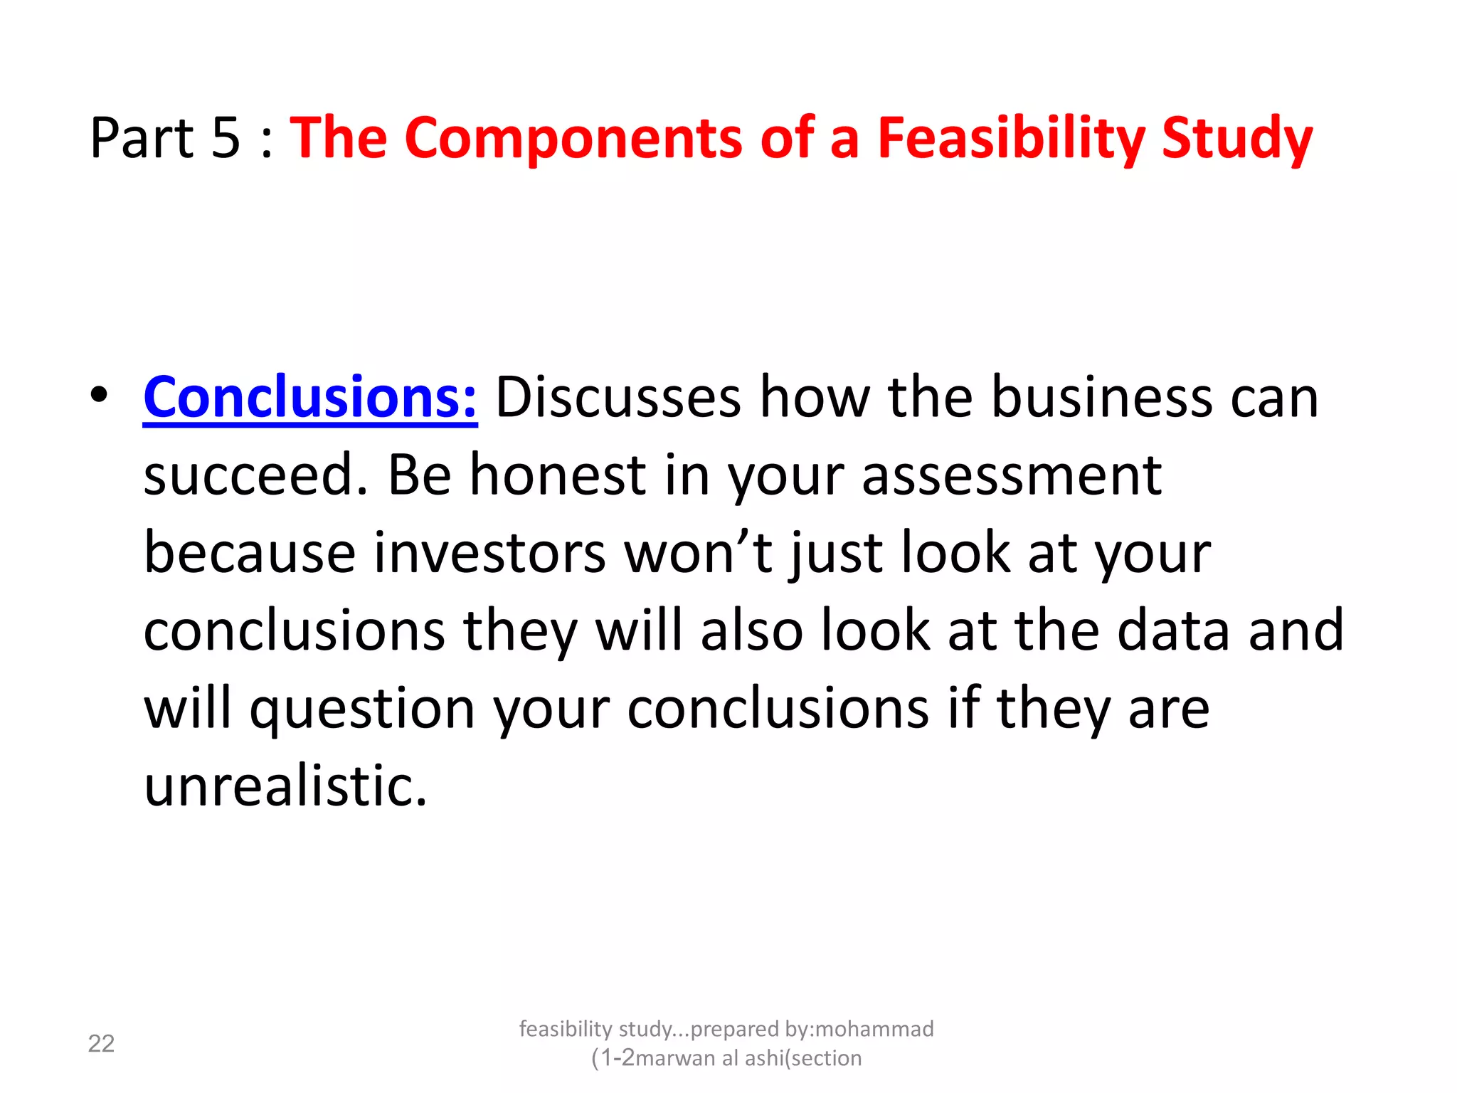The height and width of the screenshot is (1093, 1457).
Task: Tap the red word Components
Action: (x=573, y=139)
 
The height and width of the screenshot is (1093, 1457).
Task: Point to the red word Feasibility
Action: (x=1010, y=139)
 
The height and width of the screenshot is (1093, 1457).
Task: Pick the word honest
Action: (x=557, y=475)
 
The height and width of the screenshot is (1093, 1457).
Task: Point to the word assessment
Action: (x=1012, y=475)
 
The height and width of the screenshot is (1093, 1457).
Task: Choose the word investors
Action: (x=489, y=554)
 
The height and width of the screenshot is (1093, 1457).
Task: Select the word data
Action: (x=1173, y=630)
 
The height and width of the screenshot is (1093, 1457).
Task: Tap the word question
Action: (x=362, y=709)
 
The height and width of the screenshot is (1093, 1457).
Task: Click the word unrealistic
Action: (x=285, y=786)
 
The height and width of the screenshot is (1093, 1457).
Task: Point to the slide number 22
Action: (x=101, y=1044)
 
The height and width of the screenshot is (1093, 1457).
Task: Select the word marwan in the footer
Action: (x=675, y=1059)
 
